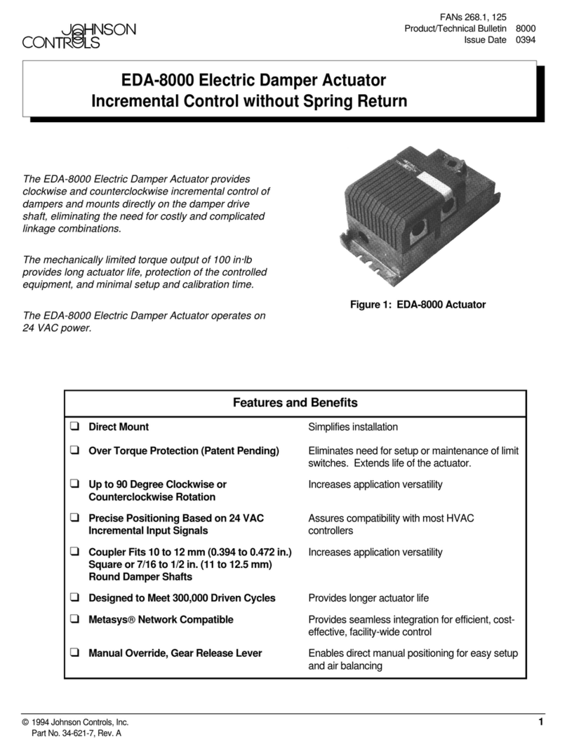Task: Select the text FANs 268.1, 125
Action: click(x=474, y=16)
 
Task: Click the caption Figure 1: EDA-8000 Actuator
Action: click(x=418, y=305)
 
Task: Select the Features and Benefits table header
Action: click(x=295, y=403)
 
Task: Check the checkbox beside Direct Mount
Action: click(x=74, y=427)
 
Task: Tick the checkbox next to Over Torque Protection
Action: click(x=74, y=451)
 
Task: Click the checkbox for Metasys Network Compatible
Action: click(x=74, y=620)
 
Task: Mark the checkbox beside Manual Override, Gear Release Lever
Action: click(x=74, y=654)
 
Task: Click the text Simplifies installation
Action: click(x=353, y=427)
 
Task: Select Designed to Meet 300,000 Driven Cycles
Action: click(x=182, y=598)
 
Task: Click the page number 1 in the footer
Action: click(x=541, y=722)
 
